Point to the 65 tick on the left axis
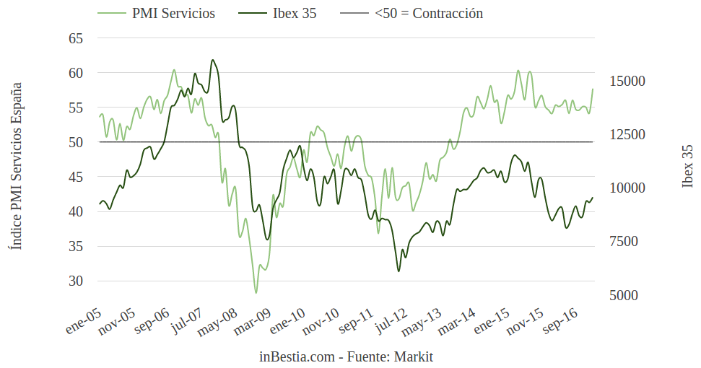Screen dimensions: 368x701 click(76, 38)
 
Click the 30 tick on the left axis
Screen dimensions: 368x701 click(76, 281)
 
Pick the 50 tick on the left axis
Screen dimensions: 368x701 click(76, 142)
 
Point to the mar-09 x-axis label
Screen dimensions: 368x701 click(253, 322)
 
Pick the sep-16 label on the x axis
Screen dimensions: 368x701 click(560, 320)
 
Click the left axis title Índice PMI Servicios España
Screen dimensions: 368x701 click(16, 166)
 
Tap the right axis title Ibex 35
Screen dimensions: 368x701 click(687, 166)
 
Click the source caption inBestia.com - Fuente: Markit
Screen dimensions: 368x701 click(347, 356)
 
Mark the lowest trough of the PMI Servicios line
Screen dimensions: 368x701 click(256, 293)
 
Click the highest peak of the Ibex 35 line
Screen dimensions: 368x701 click(212, 60)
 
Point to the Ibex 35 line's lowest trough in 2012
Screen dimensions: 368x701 click(399, 271)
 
